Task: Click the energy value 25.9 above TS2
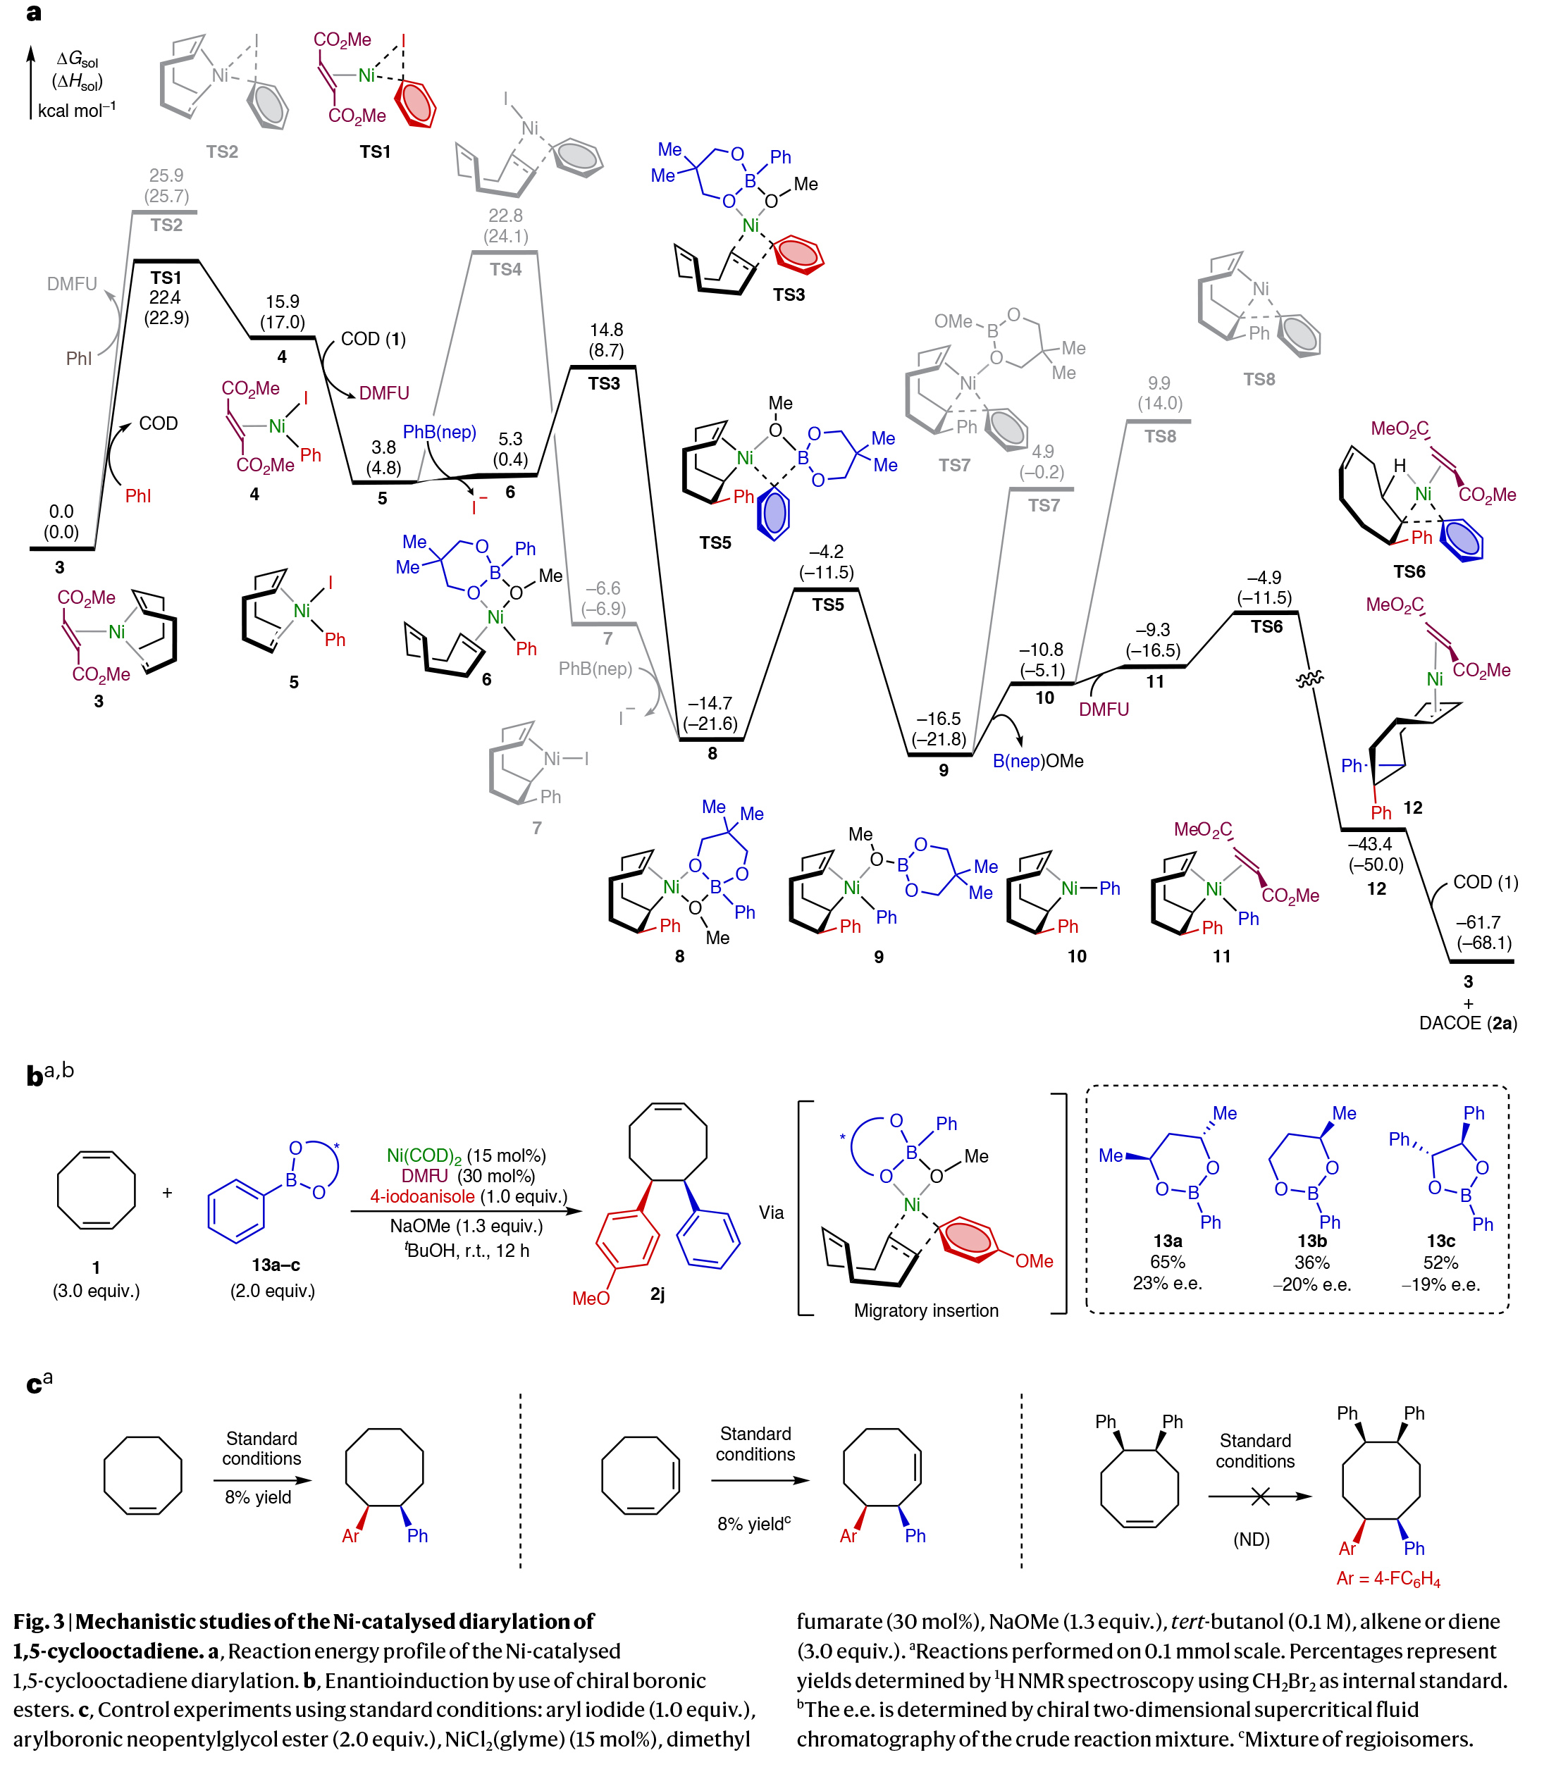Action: (166, 175)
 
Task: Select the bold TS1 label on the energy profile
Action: (166, 278)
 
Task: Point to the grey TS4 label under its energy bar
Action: (506, 270)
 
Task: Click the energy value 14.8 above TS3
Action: (606, 330)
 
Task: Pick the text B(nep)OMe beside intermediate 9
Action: (1037, 761)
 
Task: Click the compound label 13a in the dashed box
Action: (1167, 1241)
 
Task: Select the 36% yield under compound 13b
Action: (1311, 1262)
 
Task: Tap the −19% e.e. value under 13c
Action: (1440, 1284)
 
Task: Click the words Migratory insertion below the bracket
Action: (926, 1310)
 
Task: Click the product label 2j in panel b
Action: (657, 1294)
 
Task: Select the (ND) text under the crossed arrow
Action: (1251, 1539)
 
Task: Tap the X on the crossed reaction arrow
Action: (1260, 1496)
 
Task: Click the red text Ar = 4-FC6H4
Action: (1388, 1579)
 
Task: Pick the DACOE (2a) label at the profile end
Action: (1468, 1024)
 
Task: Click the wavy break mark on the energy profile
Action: (1309, 681)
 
